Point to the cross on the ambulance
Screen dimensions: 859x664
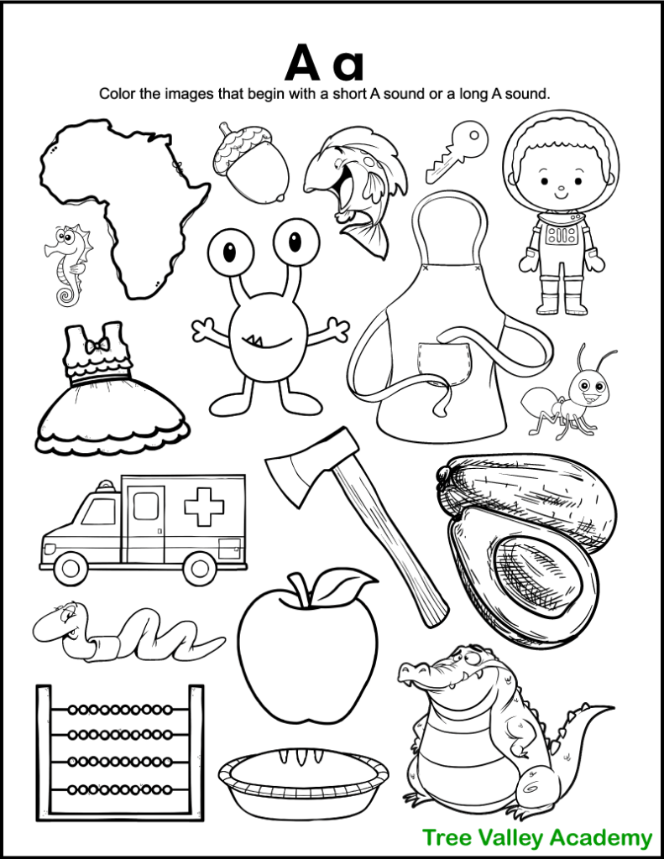tap(203, 508)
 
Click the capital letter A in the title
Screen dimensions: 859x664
tap(306, 64)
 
